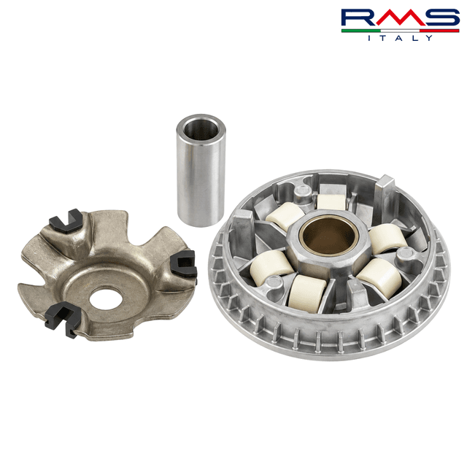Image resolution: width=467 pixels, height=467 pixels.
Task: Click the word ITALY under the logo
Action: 400,38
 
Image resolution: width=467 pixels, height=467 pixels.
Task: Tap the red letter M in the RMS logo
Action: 401,18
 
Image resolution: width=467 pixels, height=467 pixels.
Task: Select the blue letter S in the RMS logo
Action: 440,18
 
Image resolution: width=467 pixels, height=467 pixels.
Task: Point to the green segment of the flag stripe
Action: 361,31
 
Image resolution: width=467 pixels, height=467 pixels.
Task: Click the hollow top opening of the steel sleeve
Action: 201,130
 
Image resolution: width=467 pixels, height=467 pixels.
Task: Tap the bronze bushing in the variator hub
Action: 328,235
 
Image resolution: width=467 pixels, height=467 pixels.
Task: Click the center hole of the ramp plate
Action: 106,298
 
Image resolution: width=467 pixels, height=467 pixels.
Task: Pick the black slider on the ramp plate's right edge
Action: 184,264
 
